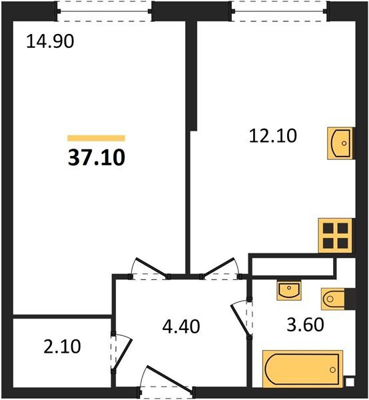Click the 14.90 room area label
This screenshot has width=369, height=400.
click(x=50, y=41)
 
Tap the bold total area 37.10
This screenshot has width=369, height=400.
click(x=97, y=157)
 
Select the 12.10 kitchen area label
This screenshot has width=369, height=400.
click(x=273, y=136)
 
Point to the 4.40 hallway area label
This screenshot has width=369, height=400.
click(x=181, y=327)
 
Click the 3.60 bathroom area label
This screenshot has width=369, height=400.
click(x=305, y=325)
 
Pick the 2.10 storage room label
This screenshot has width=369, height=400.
click(x=62, y=347)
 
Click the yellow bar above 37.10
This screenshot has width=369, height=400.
click(x=97, y=138)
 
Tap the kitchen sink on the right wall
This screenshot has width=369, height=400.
click(x=341, y=143)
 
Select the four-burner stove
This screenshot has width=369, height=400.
click(x=335, y=235)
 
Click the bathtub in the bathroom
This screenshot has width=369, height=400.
click(x=302, y=369)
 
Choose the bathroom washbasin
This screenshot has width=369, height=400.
click(x=289, y=290)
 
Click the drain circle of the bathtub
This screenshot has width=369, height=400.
click(x=332, y=369)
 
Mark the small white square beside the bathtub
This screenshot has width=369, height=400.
click(x=350, y=382)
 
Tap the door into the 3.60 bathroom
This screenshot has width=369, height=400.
click(x=242, y=318)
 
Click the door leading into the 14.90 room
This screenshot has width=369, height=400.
click(x=150, y=269)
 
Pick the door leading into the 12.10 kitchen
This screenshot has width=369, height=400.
click(x=220, y=269)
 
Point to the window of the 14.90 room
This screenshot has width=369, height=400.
click(x=104, y=11)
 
